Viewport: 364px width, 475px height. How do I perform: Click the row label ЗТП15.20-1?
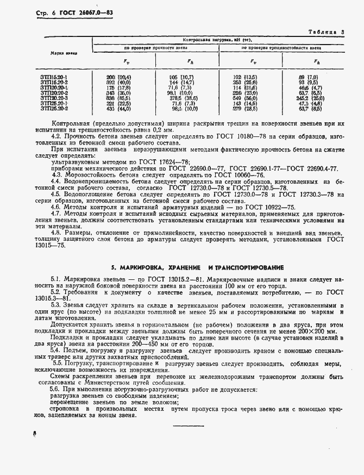tap(54, 77)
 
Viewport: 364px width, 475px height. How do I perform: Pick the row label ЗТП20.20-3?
tap(54, 97)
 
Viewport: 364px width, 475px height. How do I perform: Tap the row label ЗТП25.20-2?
tap(54, 108)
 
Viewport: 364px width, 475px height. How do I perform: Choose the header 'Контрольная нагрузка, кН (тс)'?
tap(219, 40)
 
